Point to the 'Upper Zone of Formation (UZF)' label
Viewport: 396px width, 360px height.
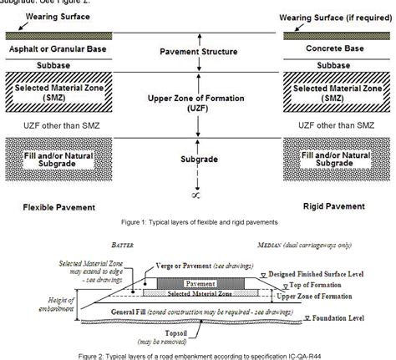(x=197, y=104)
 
